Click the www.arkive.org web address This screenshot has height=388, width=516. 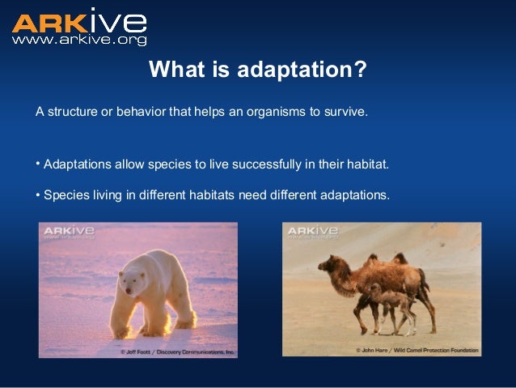(x=78, y=39)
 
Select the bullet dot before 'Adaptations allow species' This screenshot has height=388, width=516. (x=38, y=164)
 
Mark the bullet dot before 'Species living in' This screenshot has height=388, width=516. (x=38, y=194)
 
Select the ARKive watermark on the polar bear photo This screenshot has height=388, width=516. (x=69, y=232)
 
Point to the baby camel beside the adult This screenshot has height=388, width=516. (x=381, y=304)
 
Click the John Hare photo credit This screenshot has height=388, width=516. (x=417, y=351)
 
